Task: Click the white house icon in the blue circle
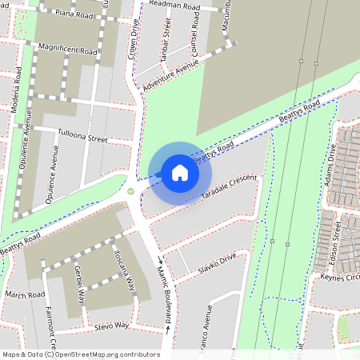[180, 172]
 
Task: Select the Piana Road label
[74, 14]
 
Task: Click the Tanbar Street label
[166, 38]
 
